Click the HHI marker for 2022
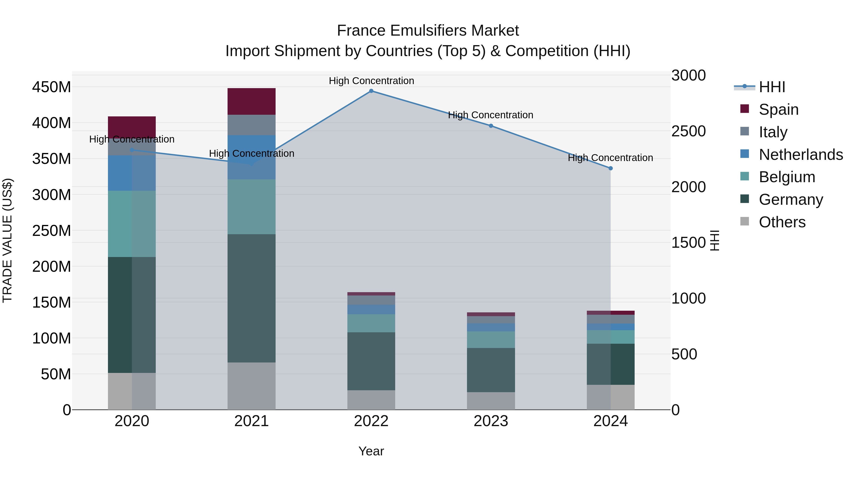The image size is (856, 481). tap(371, 91)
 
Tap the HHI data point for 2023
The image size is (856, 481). tap(491, 126)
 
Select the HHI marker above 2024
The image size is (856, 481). tap(610, 168)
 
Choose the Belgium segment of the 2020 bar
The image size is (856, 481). tap(132, 224)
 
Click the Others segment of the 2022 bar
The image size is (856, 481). tap(371, 400)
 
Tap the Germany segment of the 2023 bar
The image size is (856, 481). tap(491, 370)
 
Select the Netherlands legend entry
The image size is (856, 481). tap(801, 155)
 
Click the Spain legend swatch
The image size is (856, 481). tap(745, 109)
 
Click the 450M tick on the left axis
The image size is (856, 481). tap(52, 87)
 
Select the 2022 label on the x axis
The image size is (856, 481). tap(371, 421)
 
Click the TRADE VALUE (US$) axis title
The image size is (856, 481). tap(7, 240)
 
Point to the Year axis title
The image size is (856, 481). tap(371, 451)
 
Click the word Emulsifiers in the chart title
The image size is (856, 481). tap(428, 31)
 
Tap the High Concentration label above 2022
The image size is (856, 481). tap(371, 81)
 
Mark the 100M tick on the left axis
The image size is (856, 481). tap(52, 338)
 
